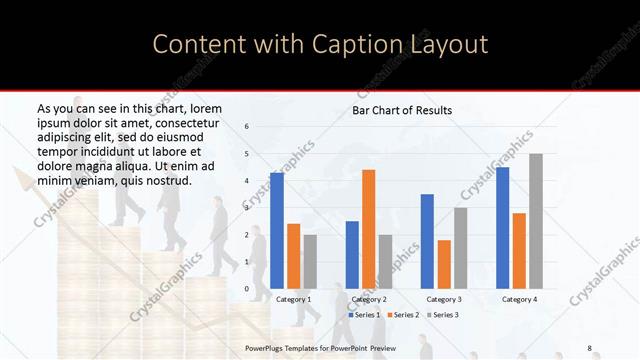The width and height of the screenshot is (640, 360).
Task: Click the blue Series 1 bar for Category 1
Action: click(x=277, y=231)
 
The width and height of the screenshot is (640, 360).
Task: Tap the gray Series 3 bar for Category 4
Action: click(x=536, y=221)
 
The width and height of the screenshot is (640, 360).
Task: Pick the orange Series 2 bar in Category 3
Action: click(x=444, y=264)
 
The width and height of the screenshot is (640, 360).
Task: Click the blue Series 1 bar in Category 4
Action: click(x=502, y=228)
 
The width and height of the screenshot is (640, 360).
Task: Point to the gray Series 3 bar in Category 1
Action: click(x=310, y=261)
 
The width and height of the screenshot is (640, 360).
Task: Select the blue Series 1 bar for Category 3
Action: click(x=427, y=241)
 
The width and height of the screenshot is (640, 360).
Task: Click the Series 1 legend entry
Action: click(x=363, y=315)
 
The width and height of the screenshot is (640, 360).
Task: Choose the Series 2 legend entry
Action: click(x=402, y=315)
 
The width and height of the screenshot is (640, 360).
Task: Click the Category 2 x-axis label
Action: click(x=369, y=299)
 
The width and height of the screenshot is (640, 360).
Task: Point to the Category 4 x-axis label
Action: click(x=519, y=299)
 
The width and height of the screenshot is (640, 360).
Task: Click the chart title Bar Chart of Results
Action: click(x=402, y=110)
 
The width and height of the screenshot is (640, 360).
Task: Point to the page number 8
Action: click(x=590, y=347)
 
